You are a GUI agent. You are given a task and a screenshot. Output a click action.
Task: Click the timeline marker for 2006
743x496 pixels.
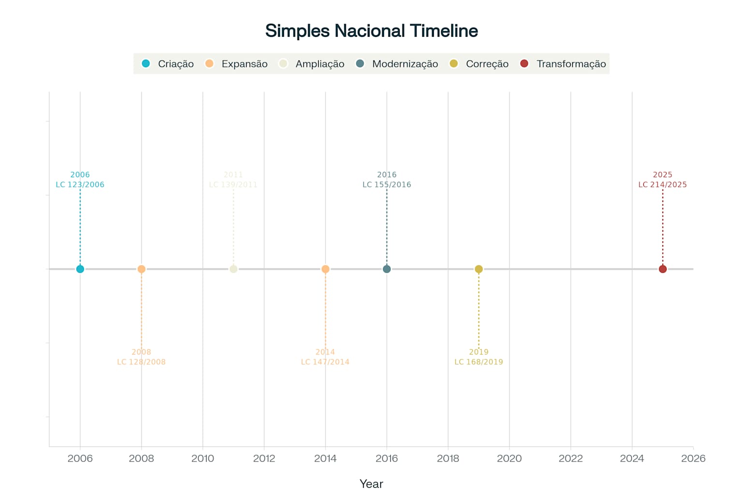click(x=80, y=269)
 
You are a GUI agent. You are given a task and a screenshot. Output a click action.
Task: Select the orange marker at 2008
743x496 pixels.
click(x=141, y=269)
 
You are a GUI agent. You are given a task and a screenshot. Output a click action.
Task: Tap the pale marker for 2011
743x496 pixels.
click(x=233, y=269)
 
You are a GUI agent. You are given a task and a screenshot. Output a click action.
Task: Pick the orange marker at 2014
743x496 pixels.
click(x=326, y=269)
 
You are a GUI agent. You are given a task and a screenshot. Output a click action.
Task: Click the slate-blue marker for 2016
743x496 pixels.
click(x=386, y=269)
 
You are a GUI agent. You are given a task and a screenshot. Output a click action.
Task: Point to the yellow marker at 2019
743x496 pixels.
click(x=479, y=269)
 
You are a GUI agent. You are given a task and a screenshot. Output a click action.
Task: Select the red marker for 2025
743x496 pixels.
click(x=663, y=269)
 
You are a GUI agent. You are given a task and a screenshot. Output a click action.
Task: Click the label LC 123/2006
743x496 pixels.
click(x=80, y=185)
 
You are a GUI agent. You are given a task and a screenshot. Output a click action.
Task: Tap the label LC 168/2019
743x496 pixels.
click(x=479, y=362)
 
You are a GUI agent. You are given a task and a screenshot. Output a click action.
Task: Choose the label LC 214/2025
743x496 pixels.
click(x=663, y=185)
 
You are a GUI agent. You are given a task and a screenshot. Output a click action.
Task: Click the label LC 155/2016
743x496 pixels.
click(x=386, y=185)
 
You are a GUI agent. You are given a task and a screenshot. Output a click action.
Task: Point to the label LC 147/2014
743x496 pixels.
click(x=326, y=362)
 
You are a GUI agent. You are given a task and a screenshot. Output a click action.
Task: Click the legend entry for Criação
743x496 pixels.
click(x=167, y=64)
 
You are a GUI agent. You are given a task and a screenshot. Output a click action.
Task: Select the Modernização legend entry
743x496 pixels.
click(x=397, y=64)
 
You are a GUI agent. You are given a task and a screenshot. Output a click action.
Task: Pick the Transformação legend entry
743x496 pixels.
click(x=563, y=64)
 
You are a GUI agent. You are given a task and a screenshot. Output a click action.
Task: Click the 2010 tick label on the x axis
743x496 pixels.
click(x=203, y=458)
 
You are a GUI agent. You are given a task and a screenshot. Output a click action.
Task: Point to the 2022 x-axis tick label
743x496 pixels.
click(x=571, y=458)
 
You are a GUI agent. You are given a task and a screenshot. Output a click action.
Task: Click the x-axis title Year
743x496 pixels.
click(x=371, y=483)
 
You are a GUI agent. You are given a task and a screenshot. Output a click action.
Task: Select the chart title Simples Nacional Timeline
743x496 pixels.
click(x=371, y=31)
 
